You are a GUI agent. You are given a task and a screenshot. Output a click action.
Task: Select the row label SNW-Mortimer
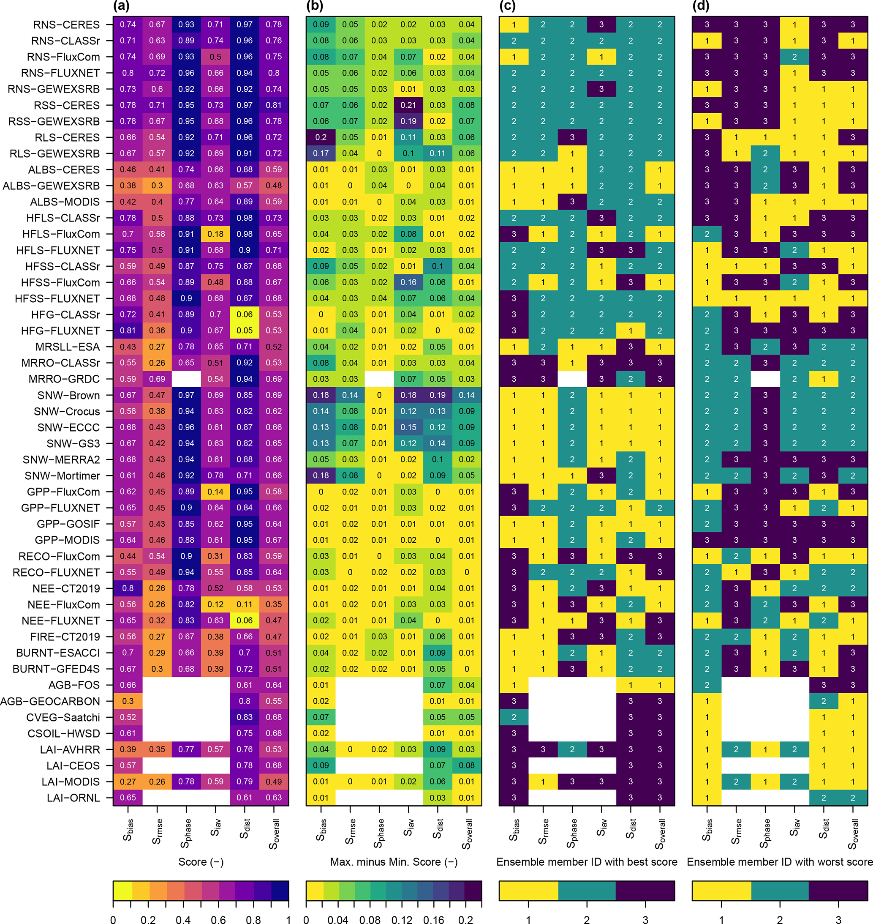coord(63,476)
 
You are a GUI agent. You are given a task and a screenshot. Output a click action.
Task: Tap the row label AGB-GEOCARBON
coord(50,701)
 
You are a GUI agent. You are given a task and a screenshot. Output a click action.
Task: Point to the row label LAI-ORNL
coord(73,798)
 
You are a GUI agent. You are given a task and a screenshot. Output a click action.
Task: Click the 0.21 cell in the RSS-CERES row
coord(408,105)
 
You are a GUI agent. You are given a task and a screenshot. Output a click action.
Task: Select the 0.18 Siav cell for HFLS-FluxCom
coord(215,234)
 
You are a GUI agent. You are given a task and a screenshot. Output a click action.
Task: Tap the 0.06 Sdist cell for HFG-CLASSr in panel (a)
coord(245,314)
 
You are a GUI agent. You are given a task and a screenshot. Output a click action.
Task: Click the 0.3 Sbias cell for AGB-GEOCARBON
coord(128,701)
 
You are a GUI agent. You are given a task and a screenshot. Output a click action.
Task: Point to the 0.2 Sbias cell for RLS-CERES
coord(321,137)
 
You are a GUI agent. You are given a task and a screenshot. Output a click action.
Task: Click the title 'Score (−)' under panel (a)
coord(201,861)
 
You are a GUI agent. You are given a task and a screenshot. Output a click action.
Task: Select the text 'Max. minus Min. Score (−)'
coord(394,861)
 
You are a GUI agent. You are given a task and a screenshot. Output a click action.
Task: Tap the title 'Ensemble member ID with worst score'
coord(780,861)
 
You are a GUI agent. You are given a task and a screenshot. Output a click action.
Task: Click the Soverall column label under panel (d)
coord(853,834)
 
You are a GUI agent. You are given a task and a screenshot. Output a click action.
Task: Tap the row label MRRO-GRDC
coord(64,379)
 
